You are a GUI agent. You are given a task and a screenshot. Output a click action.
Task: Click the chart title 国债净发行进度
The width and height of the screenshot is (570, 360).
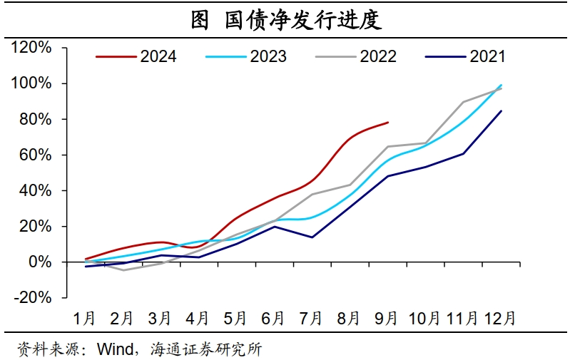click(285, 19)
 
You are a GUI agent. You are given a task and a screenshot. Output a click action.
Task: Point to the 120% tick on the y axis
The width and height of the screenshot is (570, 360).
click(32, 48)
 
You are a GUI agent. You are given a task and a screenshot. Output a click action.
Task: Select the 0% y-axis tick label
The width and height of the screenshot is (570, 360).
click(40, 262)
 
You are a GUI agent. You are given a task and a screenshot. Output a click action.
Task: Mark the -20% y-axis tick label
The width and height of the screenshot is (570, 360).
click(33, 297)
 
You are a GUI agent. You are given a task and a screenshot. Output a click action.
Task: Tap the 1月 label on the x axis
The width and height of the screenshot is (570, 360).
click(85, 317)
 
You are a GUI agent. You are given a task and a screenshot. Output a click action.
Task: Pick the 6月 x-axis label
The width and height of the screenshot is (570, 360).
click(273, 317)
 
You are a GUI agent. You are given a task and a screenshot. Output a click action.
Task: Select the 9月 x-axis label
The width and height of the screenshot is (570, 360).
click(387, 317)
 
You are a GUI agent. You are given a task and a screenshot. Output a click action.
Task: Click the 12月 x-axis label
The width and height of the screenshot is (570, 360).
click(500, 317)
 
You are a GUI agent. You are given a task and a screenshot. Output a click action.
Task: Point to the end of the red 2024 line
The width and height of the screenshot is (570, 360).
click(388, 122)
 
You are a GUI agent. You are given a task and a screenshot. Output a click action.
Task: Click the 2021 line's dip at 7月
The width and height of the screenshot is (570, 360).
click(312, 237)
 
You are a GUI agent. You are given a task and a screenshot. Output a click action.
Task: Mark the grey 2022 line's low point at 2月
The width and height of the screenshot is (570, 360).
click(123, 270)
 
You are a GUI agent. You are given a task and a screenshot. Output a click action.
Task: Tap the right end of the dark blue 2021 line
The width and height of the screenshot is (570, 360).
click(501, 110)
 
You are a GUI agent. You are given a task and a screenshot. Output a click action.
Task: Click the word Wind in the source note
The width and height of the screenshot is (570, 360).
click(115, 349)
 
